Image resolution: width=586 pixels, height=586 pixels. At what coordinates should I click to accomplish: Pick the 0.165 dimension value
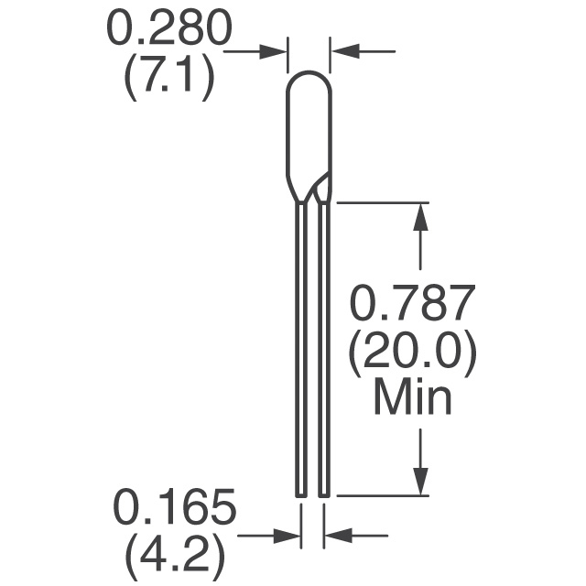coord(175,507)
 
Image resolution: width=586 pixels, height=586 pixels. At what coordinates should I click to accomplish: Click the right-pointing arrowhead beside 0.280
coord(273,51)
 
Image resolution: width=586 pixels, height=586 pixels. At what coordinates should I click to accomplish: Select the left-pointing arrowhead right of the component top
coord(346,51)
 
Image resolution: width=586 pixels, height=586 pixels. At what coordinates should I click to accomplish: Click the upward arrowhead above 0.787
coord(421,217)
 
